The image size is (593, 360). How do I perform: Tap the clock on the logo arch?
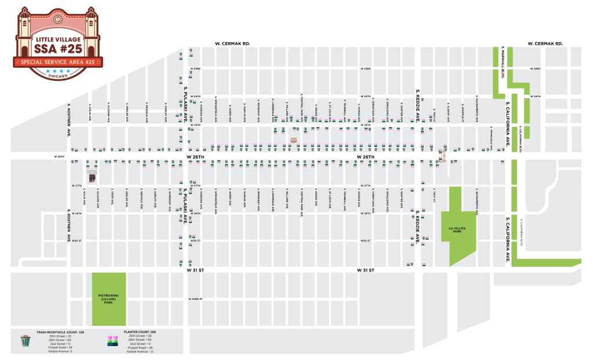tap(57, 19)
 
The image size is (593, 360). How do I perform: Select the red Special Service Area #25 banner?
tap(57, 61)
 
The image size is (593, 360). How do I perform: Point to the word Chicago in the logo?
tap(57, 76)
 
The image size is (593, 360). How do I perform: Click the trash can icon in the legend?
tap(25, 340)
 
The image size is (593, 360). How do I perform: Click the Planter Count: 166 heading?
tap(140, 332)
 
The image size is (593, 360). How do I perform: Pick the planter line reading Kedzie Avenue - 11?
tap(139, 351)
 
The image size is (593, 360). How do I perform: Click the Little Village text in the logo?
tap(57, 39)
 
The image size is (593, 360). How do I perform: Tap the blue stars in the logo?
tap(57, 71)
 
